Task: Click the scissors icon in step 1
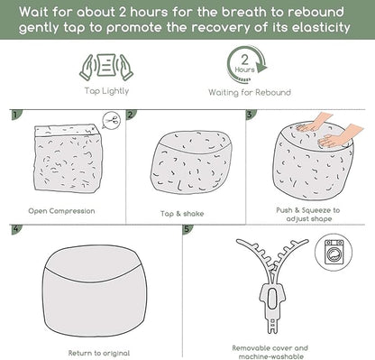pos(113,121)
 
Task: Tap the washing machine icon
pos(334,252)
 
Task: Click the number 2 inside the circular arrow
pos(245,60)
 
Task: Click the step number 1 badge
pos(15,115)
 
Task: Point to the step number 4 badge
pos(15,228)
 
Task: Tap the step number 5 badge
pos(187,228)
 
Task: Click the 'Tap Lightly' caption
pos(106,91)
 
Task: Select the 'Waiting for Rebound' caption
pos(250,92)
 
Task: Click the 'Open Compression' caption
pos(61,211)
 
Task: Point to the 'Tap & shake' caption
pos(182,214)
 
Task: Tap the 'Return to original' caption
pos(99,353)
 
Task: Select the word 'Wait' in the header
pos(33,12)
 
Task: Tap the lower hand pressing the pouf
pos(340,136)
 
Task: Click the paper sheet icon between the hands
pos(106,65)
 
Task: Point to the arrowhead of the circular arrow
pos(262,67)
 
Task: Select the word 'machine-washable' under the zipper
pos(270,356)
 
